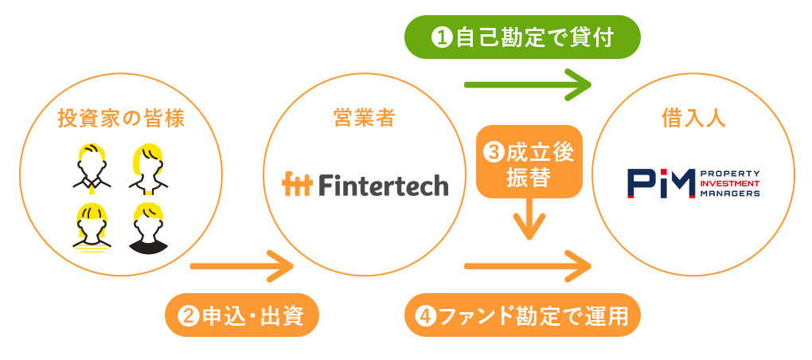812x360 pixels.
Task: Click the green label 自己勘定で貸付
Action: click(522, 37)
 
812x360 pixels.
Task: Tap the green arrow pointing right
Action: click(527, 82)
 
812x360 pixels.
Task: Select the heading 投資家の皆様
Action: click(121, 119)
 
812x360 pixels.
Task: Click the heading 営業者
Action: click(364, 119)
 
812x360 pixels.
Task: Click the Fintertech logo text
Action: click(383, 185)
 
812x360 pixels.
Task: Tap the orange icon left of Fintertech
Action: click(298, 184)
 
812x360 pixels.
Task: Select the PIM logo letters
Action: click(660, 182)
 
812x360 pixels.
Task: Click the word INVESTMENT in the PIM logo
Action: click(728, 182)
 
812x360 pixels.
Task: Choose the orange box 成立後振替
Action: click(529, 162)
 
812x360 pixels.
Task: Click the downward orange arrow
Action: click(529, 219)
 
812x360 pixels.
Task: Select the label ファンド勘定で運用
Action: click(522, 316)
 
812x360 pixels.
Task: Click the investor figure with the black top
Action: click(149, 229)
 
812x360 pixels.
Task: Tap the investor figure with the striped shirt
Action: click(92, 229)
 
